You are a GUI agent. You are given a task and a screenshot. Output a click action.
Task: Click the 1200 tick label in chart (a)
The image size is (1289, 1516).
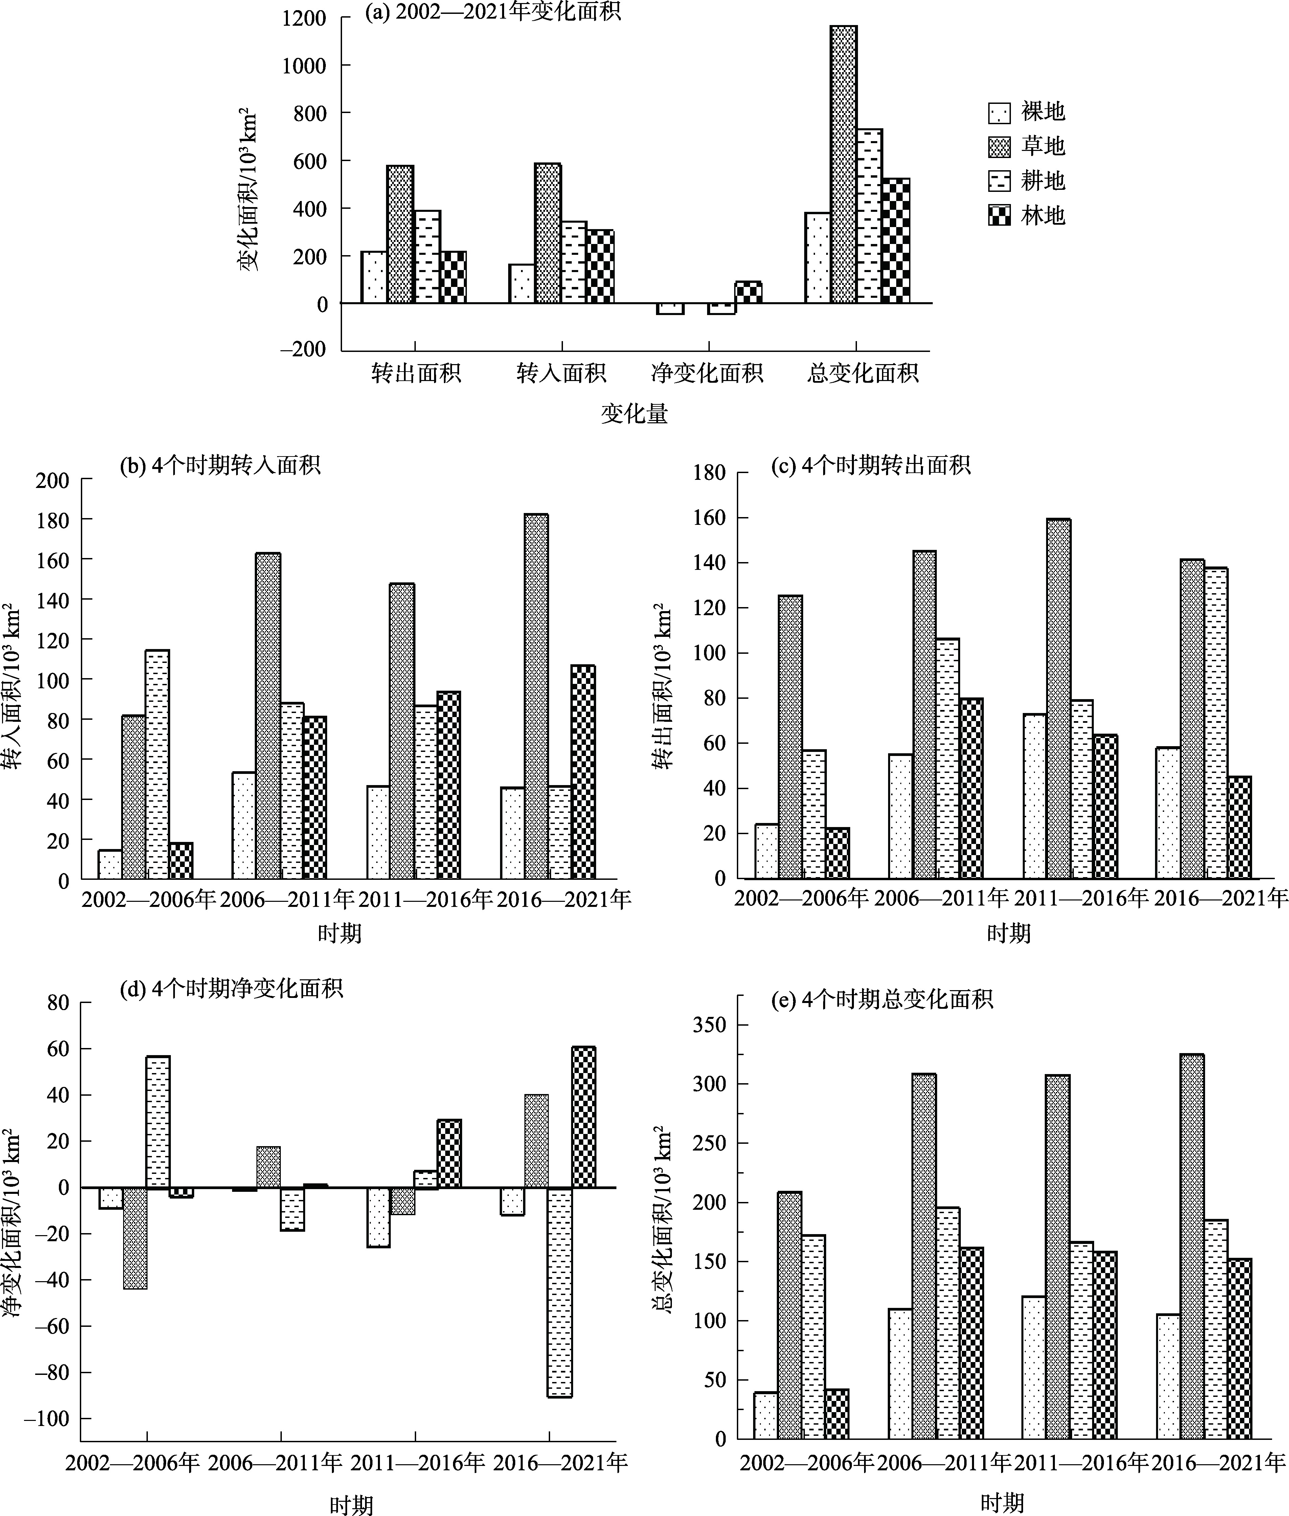click(x=305, y=18)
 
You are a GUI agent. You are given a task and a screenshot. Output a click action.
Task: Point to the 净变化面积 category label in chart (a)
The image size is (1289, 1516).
click(x=707, y=374)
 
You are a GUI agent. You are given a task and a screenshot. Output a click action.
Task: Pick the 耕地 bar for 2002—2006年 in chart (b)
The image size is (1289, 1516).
click(x=157, y=764)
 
